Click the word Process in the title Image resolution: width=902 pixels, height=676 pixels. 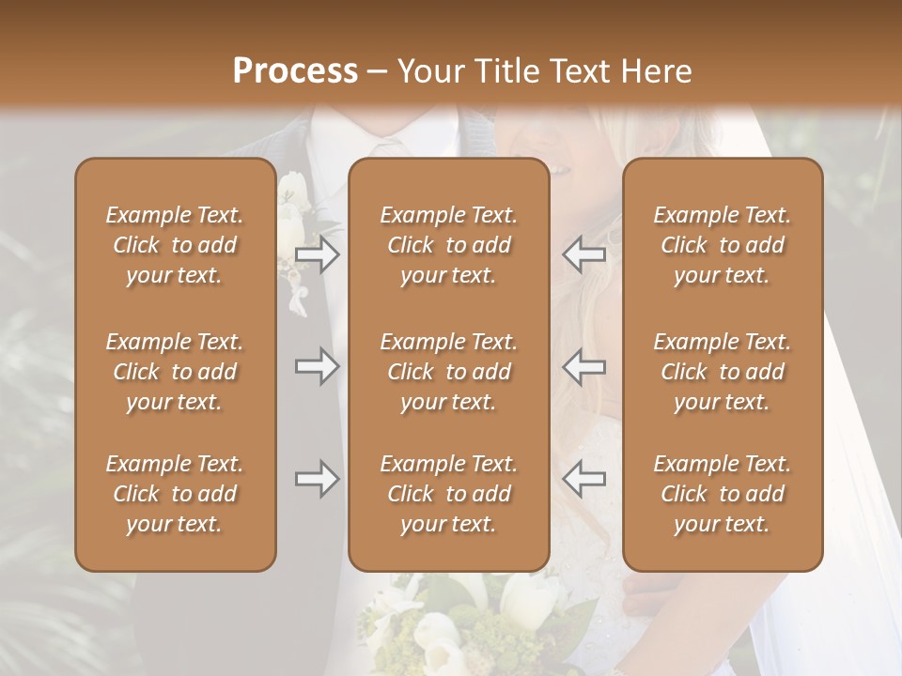pyautogui.click(x=295, y=71)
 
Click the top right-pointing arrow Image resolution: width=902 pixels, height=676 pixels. pyautogui.click(x=318, y=254)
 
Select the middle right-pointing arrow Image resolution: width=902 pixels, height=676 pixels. pyautogui.click(x=318, y=366)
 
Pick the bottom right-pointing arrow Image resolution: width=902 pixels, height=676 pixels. pyautogui.click(x=318, y=479)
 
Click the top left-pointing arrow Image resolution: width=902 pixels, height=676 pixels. pyautogui.click(x=583, y=254)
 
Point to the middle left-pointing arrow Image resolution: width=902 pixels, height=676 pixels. pyautogui.click(x=583, y=366)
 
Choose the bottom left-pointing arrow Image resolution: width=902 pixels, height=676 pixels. pyautogui.click(x=583, y=479)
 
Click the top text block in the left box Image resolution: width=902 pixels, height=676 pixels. pyautogui.click(x=175, y=245)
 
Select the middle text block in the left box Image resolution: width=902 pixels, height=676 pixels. pyautogui.click(x=175, y=372)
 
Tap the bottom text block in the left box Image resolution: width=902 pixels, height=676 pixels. pyautogui.click(x=175, y=494)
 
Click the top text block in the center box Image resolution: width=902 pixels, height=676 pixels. pyautogui.click(x=448, y=245)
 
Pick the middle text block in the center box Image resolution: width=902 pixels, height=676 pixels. pyautogui.click(x=448, y=372)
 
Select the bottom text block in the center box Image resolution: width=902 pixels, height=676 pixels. pyautogui.click(x=448, y=494)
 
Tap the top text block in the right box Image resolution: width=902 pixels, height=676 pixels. pyautogui.click(x=723, y=245)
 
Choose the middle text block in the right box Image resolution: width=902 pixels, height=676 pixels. pyautogui.click(x=723, y=372)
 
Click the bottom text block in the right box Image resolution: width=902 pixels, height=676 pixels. pyautogui.click(x=723, y=494)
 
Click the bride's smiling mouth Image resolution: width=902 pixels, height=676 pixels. pyautogui.click(x=558, y=170)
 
